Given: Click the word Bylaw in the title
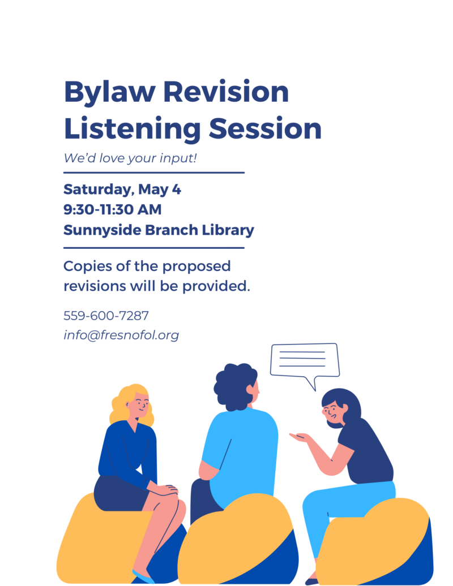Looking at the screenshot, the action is (x=110, y=92).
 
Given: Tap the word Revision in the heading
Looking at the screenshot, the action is (x=226, y=91).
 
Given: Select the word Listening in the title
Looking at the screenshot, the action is (x=133, y=130).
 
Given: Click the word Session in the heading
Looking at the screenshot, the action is (x=265, y=128).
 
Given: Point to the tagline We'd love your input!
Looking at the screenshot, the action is (x=130, y=158).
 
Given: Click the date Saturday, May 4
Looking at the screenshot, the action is (x=122, y=190).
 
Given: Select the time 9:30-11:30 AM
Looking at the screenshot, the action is (x=113, y=209).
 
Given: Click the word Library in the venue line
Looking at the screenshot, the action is (x=228, y=230).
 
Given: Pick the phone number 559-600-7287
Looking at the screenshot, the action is (x=106, y=316).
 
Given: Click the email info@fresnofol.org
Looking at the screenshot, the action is (x=121, y=335).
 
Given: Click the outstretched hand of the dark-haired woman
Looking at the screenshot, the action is (x=299, y=437).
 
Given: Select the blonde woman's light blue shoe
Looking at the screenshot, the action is (x=143, y=577).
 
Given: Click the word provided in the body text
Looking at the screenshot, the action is (x=216, y=286).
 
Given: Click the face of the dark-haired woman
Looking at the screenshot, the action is (x=332, y=413).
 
